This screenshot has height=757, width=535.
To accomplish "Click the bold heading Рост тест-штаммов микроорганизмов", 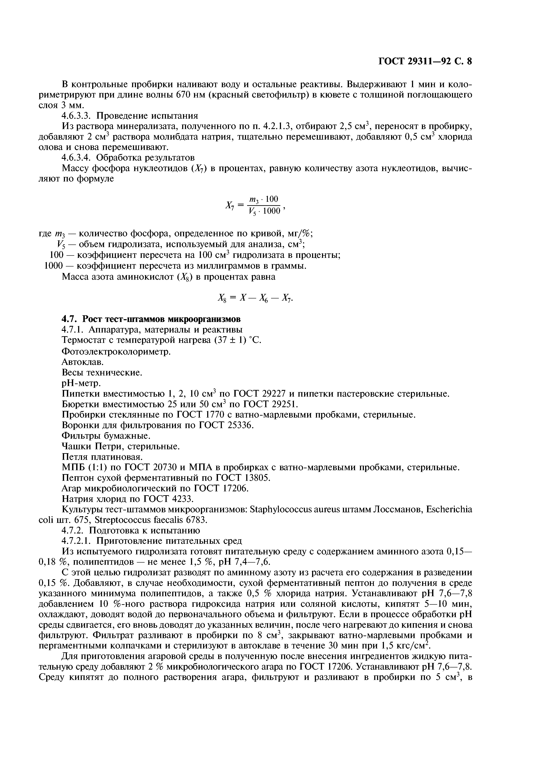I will pos(161,319).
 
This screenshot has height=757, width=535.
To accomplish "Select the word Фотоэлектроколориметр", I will pos(116,352).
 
